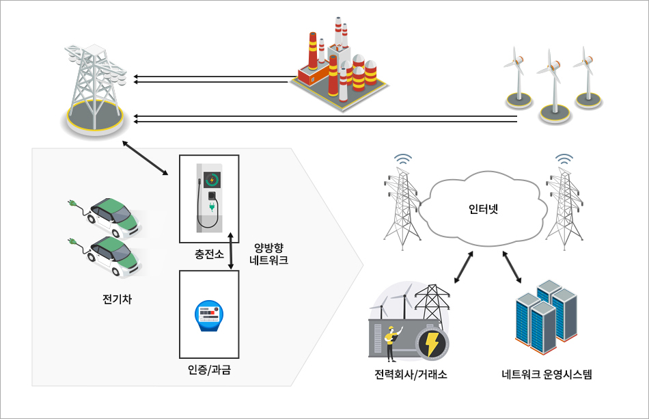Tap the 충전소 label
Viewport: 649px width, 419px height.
click(209, 255)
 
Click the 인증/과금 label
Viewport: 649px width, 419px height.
click(209, 370)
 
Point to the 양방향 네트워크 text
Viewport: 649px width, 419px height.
click(268, 254)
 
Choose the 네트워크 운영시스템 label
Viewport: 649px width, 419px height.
click(547, 375)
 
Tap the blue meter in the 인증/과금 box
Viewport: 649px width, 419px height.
click(208, 316)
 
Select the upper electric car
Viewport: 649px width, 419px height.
click(113, 216)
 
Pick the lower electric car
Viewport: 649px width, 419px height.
click(113, 256)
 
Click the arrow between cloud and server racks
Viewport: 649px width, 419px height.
click(512, 267)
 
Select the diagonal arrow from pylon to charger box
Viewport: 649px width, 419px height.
click(145, 159)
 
